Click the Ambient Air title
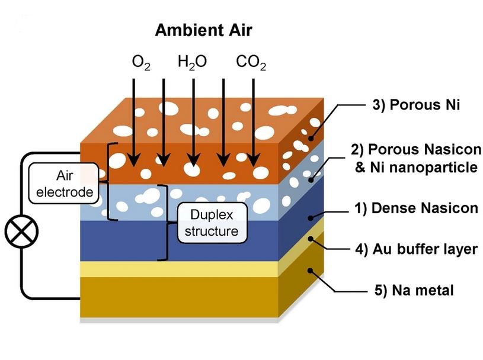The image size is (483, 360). point(203,31)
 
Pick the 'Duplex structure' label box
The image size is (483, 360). point(211,222)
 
